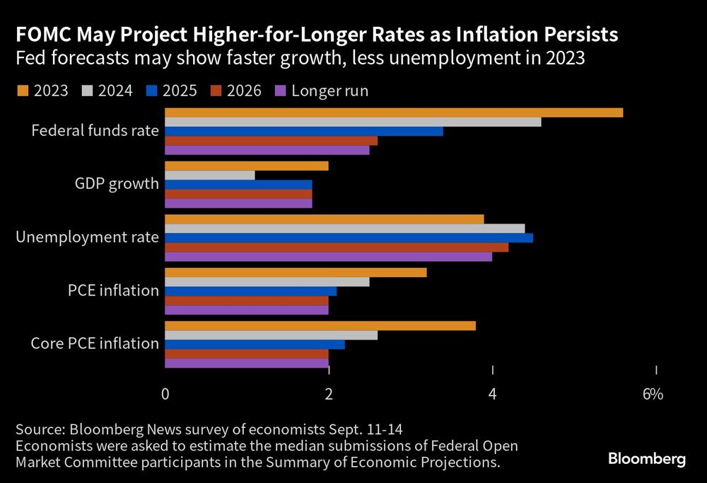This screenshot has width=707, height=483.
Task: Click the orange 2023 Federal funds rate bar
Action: [393, 112]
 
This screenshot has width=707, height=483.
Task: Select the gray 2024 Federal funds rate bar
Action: [352, 122]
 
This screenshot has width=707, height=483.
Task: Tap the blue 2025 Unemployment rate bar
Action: [349, 238]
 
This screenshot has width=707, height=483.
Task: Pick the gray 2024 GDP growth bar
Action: [209, 175]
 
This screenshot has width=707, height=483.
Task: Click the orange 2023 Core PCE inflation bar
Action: [320, 326]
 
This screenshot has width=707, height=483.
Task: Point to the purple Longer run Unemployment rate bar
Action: [328, 256]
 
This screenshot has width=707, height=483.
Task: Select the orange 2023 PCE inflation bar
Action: [296, 272]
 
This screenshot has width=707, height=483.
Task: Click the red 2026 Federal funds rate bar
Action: [271, 141]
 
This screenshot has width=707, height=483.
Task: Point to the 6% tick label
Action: [652, 394]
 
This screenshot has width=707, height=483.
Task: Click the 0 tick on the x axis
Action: [165, 394]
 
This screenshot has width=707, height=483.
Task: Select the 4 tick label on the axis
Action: [493, 394]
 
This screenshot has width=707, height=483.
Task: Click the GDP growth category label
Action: [117, 184]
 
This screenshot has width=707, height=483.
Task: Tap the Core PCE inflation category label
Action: [95, 344]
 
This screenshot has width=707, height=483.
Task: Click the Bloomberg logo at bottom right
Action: [647, 459]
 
